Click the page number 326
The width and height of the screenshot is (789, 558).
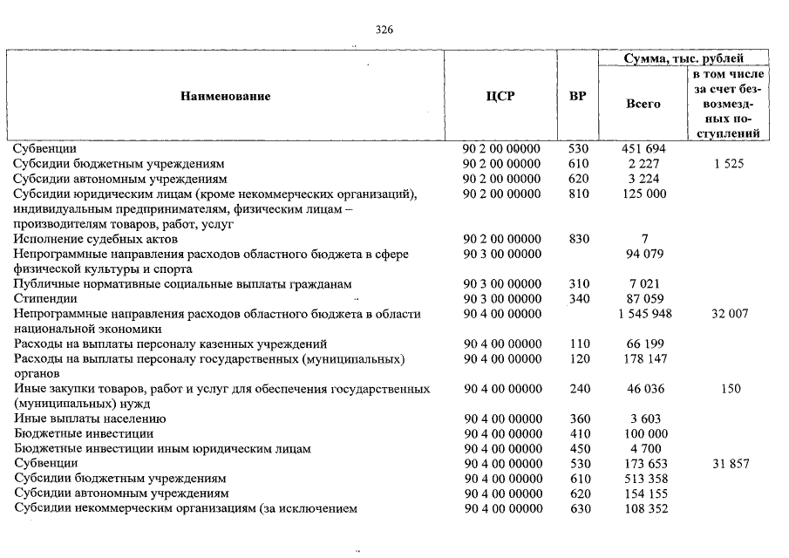384,30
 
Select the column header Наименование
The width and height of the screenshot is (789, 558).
226,96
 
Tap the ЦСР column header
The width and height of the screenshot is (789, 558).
500,96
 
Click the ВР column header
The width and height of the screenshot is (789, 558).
577,96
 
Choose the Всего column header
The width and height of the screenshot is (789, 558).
643,104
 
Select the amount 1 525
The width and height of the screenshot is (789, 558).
728,164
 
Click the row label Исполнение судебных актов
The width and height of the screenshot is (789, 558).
96,239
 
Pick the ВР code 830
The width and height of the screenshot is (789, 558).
579,239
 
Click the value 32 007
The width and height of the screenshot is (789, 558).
729,314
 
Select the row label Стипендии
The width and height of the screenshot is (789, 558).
45,299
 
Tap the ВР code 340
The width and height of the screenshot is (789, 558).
579,299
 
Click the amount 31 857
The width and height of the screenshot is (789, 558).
730,464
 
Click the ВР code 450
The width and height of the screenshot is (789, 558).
579,449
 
